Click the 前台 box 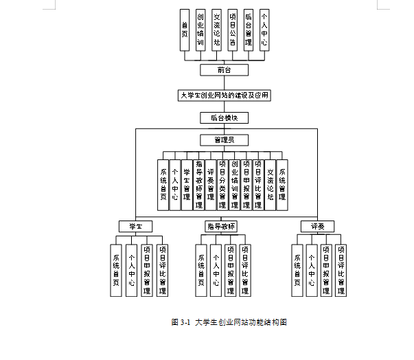224,70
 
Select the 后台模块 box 224,118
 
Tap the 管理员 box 224,140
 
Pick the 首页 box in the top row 184,30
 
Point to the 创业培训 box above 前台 200,30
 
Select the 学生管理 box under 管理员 187,184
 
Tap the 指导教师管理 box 198,184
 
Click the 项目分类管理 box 222,184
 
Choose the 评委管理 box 210,184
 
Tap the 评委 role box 317,226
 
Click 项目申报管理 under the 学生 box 146,270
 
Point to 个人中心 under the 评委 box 311,270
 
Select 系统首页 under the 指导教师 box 201,270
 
